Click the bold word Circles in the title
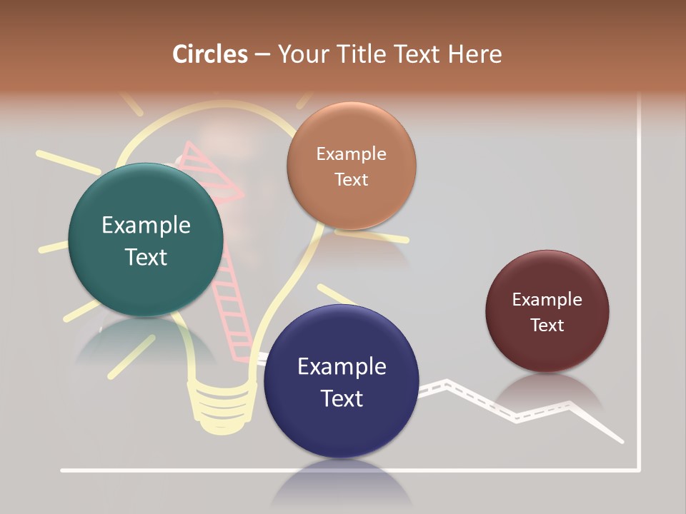click(x=209, y=54)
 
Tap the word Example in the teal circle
click(x=146, y=226)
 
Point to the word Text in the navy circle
click(x=342, y=398)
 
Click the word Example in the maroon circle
click(x=547, y=300)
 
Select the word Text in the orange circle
click(x=351, y=179)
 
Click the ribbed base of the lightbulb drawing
click(x=222, y=407)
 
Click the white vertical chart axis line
click(x=639, y=286)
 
